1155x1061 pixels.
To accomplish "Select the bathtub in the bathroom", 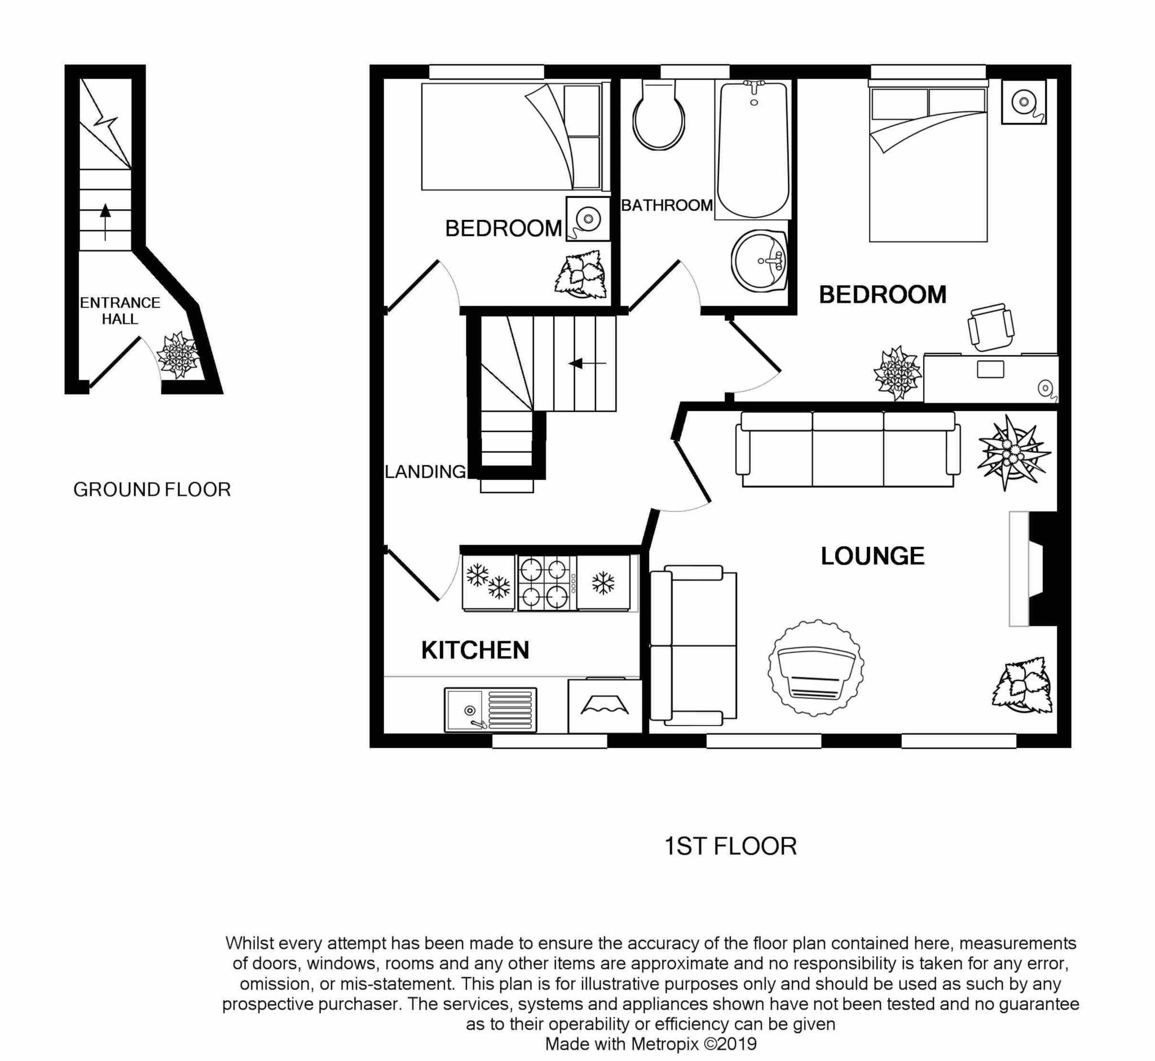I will (753, 151).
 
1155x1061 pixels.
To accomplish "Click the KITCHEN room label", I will (475, 651).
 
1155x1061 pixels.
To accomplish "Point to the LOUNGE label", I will (872, 556).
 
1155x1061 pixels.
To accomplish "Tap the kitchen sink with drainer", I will (490, 710).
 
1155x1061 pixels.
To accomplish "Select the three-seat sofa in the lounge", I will (848, 449).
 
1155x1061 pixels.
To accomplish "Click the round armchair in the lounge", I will (815, 667).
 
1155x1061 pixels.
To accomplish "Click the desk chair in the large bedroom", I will (990, 327).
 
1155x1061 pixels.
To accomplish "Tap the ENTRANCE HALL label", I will (120, 311).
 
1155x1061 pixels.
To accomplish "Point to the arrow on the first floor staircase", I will (587, 364).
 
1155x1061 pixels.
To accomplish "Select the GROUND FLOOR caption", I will (152, 490).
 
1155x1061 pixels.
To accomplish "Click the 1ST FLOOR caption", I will (730, 847).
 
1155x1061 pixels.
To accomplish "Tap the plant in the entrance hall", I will (178, 355).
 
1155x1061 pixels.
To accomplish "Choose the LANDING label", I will (425, 472).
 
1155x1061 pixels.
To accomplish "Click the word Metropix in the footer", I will (664, 1044).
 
